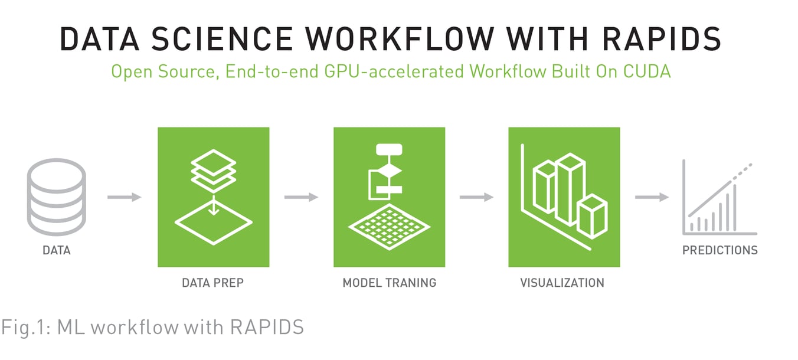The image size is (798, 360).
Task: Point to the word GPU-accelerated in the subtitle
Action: (384, 72)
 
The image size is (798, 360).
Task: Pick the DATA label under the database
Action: (57, 250)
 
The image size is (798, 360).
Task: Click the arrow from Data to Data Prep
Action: (125, 197)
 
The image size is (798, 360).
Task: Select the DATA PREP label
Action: (212, 283)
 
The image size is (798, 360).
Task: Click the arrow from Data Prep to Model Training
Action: (301, 197)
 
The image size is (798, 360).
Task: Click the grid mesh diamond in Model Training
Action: (389, 227)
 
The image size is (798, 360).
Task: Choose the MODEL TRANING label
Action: (389, 283)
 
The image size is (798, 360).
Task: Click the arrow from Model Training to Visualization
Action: (476, 197)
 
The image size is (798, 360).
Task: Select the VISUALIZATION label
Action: (562, 283)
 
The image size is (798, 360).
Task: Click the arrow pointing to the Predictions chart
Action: (652, 197)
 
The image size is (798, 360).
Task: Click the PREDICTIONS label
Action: (719, 250)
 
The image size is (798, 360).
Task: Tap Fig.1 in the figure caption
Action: (24, 326)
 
